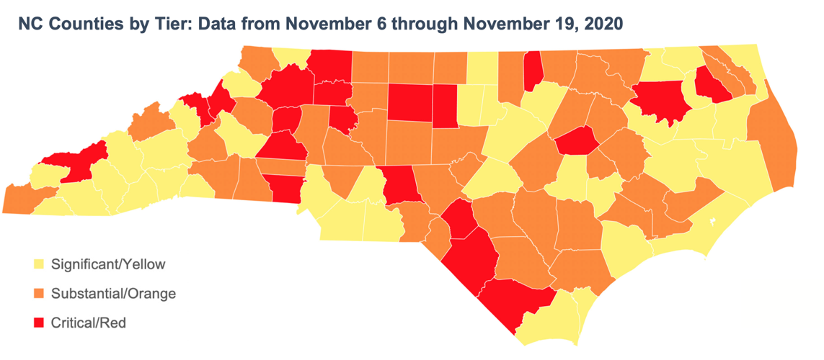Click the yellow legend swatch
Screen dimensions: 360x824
pos(39,265)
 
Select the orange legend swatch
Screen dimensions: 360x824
pos(39,294)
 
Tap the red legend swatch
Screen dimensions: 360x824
pos(39,323)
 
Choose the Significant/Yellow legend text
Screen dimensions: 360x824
pos(108,265)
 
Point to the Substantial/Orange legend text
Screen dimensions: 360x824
pos(113,294)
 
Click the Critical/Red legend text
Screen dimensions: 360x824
pos(89,323)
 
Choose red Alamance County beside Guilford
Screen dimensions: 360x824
pos(446,104)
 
